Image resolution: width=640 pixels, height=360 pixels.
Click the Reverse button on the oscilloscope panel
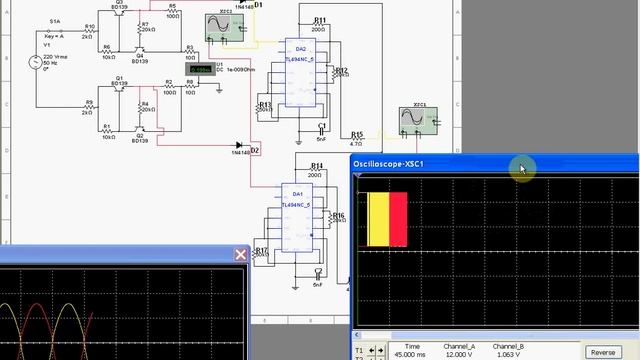603,352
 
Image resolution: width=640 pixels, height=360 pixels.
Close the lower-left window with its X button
241,254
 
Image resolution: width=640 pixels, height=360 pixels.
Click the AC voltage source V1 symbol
38,62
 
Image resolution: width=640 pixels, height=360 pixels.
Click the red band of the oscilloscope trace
398,218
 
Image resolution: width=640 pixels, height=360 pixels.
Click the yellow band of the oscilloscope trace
379,218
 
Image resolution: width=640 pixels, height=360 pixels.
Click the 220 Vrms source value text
52,52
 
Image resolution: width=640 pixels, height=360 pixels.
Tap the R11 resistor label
319,20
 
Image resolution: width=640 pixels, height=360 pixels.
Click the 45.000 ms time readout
406,353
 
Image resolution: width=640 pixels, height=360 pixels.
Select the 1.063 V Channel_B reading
509,353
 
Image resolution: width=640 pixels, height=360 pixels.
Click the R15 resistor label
356,133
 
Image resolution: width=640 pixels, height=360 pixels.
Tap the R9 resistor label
89,101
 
